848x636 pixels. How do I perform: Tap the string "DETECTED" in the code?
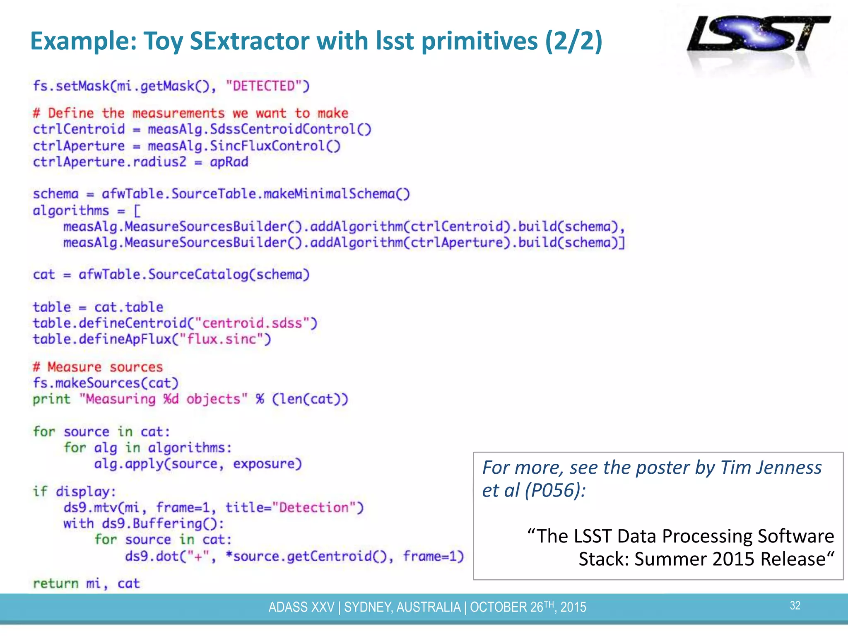coord(267,86)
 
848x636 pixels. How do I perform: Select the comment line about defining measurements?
coord(190,113)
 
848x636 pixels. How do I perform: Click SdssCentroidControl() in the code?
coord(290,129)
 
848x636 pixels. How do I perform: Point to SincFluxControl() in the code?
coord(275,146)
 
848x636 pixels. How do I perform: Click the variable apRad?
coord(229,162)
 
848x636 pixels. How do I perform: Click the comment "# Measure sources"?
coord(98,367)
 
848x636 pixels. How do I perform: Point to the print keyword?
coord(51,399)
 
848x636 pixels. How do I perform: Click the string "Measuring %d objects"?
coord(163,399)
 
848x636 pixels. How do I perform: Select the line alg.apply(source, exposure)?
coord(198,464)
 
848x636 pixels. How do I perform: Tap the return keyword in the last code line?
coord(55,583)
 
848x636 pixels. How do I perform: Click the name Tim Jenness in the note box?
coord(771,467)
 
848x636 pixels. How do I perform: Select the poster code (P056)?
coord(554,490)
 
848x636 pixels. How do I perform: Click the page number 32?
coord(795,605)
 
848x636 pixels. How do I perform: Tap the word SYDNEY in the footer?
coord(367,607)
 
